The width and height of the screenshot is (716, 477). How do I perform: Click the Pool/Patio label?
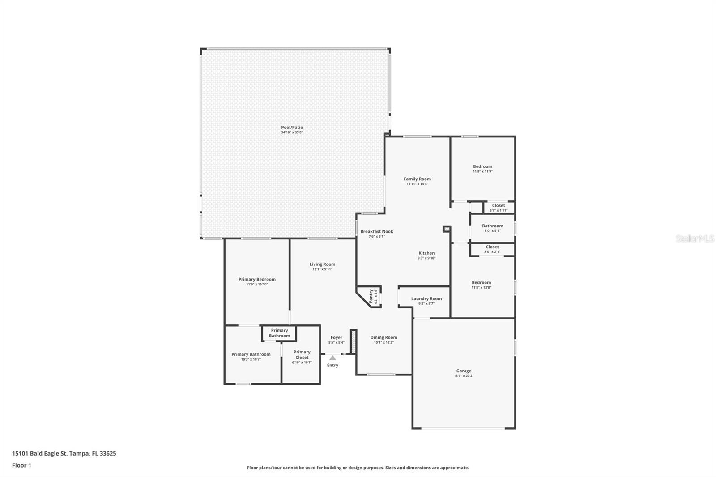(292, 127)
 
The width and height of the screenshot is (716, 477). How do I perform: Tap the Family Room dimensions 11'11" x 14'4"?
(417, 184)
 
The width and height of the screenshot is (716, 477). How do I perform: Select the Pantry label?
(371, 296)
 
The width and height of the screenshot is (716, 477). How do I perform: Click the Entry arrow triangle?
(333, 358)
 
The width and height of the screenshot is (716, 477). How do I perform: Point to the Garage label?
(464, 371)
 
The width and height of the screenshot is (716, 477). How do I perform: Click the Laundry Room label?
(426, 298)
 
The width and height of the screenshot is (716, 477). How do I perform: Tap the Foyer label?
(336, 337)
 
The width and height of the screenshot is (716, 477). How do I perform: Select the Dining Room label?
(384, 337)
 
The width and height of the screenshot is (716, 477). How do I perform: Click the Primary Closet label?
(302, 354)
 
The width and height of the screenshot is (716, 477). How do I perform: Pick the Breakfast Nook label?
(376, 231)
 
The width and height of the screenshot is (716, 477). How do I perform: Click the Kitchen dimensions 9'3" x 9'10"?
(426, 258)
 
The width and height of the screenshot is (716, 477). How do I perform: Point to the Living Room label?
(322, 264)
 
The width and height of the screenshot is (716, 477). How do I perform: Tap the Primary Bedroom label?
(257, 279)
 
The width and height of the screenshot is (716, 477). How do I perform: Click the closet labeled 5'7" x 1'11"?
(499, 205)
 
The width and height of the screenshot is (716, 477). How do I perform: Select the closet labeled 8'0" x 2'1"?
(492, 247)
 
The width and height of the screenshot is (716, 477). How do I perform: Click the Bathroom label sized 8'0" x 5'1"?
(493, 226)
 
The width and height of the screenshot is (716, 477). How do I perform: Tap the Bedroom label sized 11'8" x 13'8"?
(482, 282)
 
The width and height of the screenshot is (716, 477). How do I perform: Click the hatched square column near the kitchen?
(447, 229)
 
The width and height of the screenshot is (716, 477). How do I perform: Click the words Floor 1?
(22, 465)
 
